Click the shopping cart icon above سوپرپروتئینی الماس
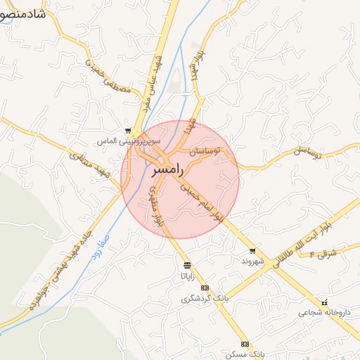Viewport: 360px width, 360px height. point(127,131)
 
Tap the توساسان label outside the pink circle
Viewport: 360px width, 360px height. point(308,151)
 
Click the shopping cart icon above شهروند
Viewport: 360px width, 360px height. point(252,251)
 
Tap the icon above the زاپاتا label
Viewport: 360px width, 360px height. point(187,266)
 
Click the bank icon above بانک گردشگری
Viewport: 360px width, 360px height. point(205,288)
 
